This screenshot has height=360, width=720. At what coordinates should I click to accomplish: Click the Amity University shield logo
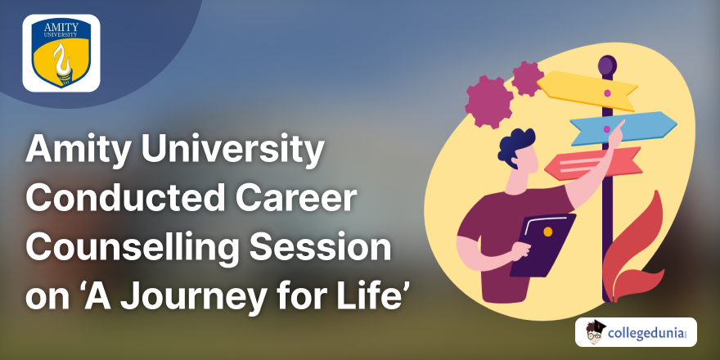click(61, 53)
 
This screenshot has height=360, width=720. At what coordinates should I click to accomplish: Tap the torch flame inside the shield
click(61, 60)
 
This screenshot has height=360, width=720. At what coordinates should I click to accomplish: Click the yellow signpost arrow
click(587, 90)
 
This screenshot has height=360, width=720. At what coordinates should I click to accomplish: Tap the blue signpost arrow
click(623, 127)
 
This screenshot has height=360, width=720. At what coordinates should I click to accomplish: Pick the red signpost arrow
click(593, 164)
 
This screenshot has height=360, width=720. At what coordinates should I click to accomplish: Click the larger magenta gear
click(488, 101)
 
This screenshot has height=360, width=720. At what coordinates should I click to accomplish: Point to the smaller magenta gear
click(528, 79)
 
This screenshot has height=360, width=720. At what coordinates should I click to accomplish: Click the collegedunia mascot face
click(596, 332)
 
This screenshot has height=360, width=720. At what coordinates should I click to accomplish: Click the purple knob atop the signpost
click(607, 65)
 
